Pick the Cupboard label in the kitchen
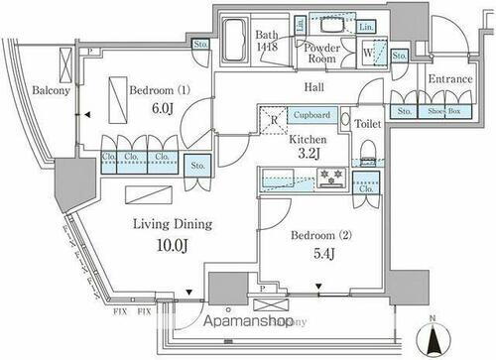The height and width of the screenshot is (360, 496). point(311,116)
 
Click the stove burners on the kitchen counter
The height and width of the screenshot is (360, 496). point(329,179)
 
